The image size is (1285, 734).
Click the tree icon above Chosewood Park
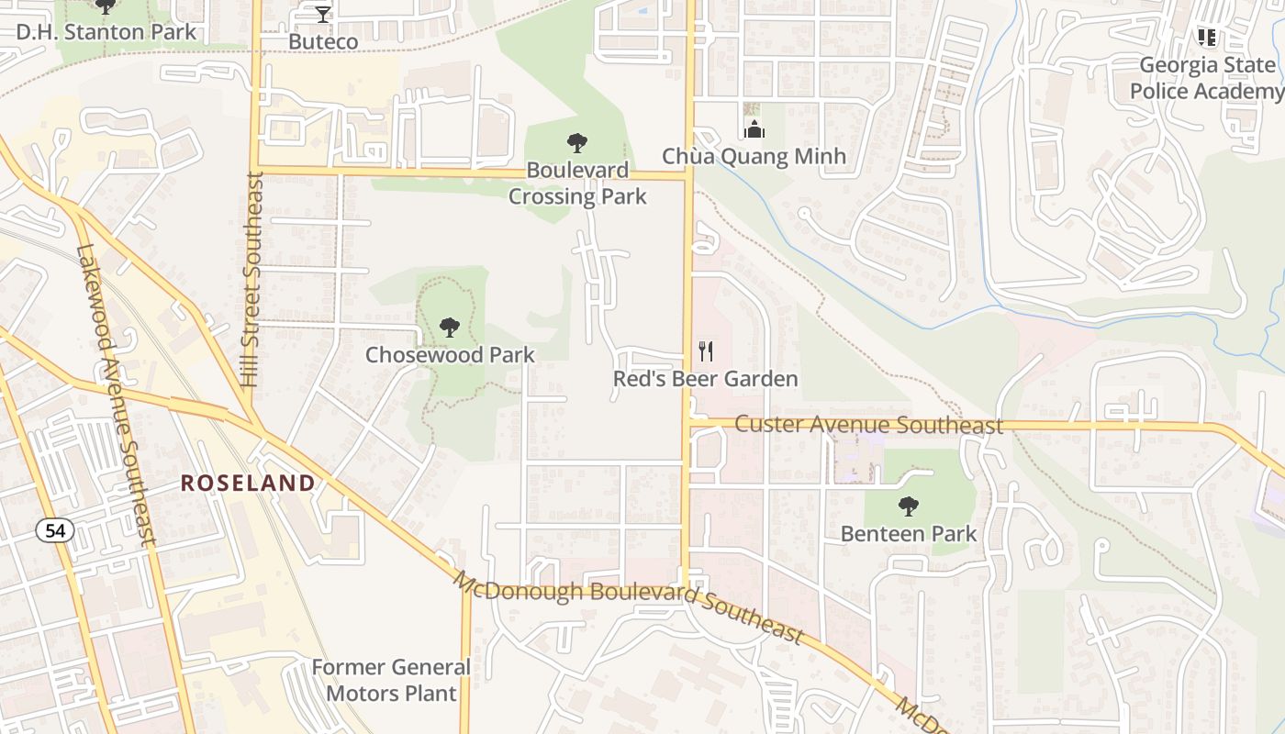point(449,328)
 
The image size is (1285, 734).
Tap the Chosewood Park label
point(450,354)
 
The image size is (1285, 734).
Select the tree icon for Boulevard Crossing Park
point(577,143)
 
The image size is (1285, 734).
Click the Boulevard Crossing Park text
point(577,183)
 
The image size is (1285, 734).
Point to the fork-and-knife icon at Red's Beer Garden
point(706,351)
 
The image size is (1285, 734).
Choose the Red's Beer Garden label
point(706,379)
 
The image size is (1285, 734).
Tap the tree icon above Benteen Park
point(909,506)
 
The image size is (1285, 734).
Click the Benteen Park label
point(909,533)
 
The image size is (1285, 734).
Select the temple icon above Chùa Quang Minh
point(754,129)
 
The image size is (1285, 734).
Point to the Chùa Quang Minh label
point(754,156)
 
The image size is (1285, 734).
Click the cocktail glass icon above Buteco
point(323,14)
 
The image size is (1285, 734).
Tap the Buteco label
point(323,41)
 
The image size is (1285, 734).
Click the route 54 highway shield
point(50,529)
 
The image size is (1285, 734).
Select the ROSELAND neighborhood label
point(248,483)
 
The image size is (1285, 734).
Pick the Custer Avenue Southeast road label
point(868,426)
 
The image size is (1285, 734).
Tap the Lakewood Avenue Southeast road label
point(117,395)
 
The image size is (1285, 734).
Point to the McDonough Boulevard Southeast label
point(630,608)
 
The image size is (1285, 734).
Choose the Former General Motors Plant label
point(392,680)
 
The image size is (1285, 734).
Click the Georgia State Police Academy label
point(1206,78)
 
